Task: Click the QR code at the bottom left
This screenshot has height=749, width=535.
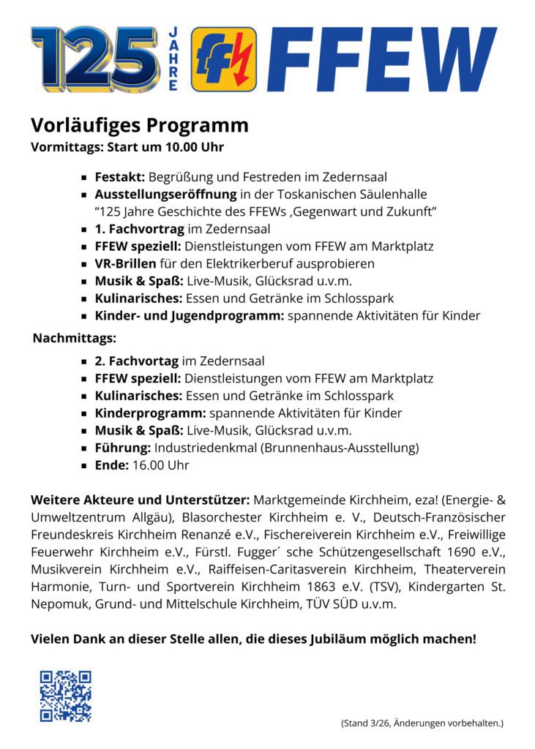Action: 65,696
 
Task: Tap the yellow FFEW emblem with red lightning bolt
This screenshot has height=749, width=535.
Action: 223,59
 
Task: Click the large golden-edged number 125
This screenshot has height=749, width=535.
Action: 94,59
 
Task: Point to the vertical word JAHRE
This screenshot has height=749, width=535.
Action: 173,59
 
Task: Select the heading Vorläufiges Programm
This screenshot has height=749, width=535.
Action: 139,125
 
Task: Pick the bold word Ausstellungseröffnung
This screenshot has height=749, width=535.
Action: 165,195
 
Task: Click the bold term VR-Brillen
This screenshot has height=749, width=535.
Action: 125,263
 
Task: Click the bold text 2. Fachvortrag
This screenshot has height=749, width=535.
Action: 137,361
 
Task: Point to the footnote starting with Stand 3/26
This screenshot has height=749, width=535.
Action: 422,723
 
